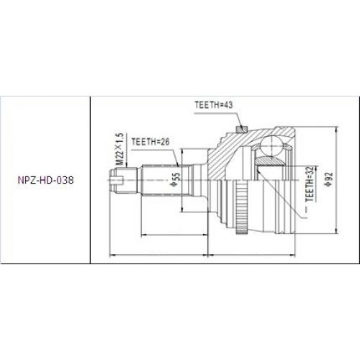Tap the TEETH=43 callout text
point(215,105)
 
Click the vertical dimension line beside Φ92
point(335,180)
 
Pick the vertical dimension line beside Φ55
point(183,180)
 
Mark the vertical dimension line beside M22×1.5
point(114,153)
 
